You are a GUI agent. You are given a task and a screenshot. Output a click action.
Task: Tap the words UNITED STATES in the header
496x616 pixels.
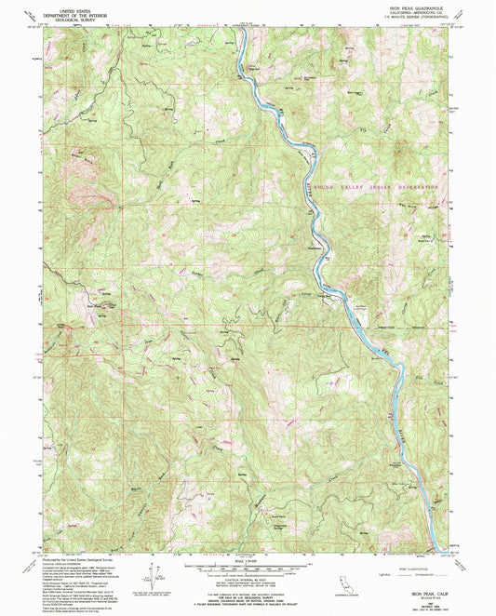(x=80, y=5)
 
